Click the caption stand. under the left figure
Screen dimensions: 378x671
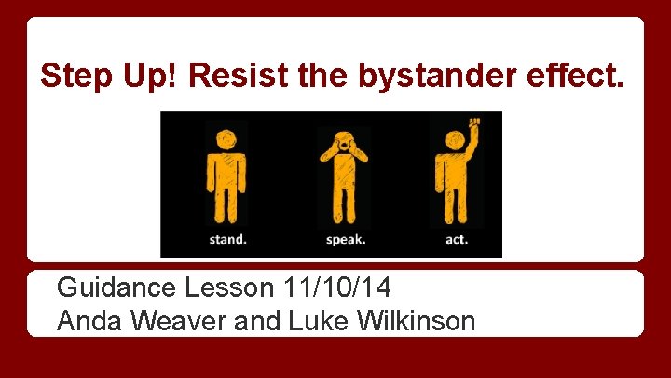click(x=226, y=240)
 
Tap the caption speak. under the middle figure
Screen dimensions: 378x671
click(x=345, y=240)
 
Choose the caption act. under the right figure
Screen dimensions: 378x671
click(x=457, y=240)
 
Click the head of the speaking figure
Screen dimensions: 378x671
click(x=344, y=142)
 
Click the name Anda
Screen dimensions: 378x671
click(x=89, y=321)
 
